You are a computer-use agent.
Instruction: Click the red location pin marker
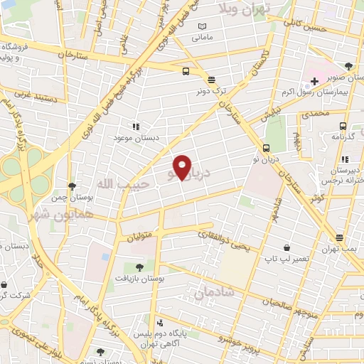coord(183,167)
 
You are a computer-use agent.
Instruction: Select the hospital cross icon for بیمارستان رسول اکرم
coord(314,81)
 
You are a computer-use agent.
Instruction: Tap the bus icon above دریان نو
coord(266,149)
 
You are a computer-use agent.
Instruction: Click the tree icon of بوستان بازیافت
coord(139,267)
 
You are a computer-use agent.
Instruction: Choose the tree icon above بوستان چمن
coord(72,186)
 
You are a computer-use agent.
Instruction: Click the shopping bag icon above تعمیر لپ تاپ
coord(287,249)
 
